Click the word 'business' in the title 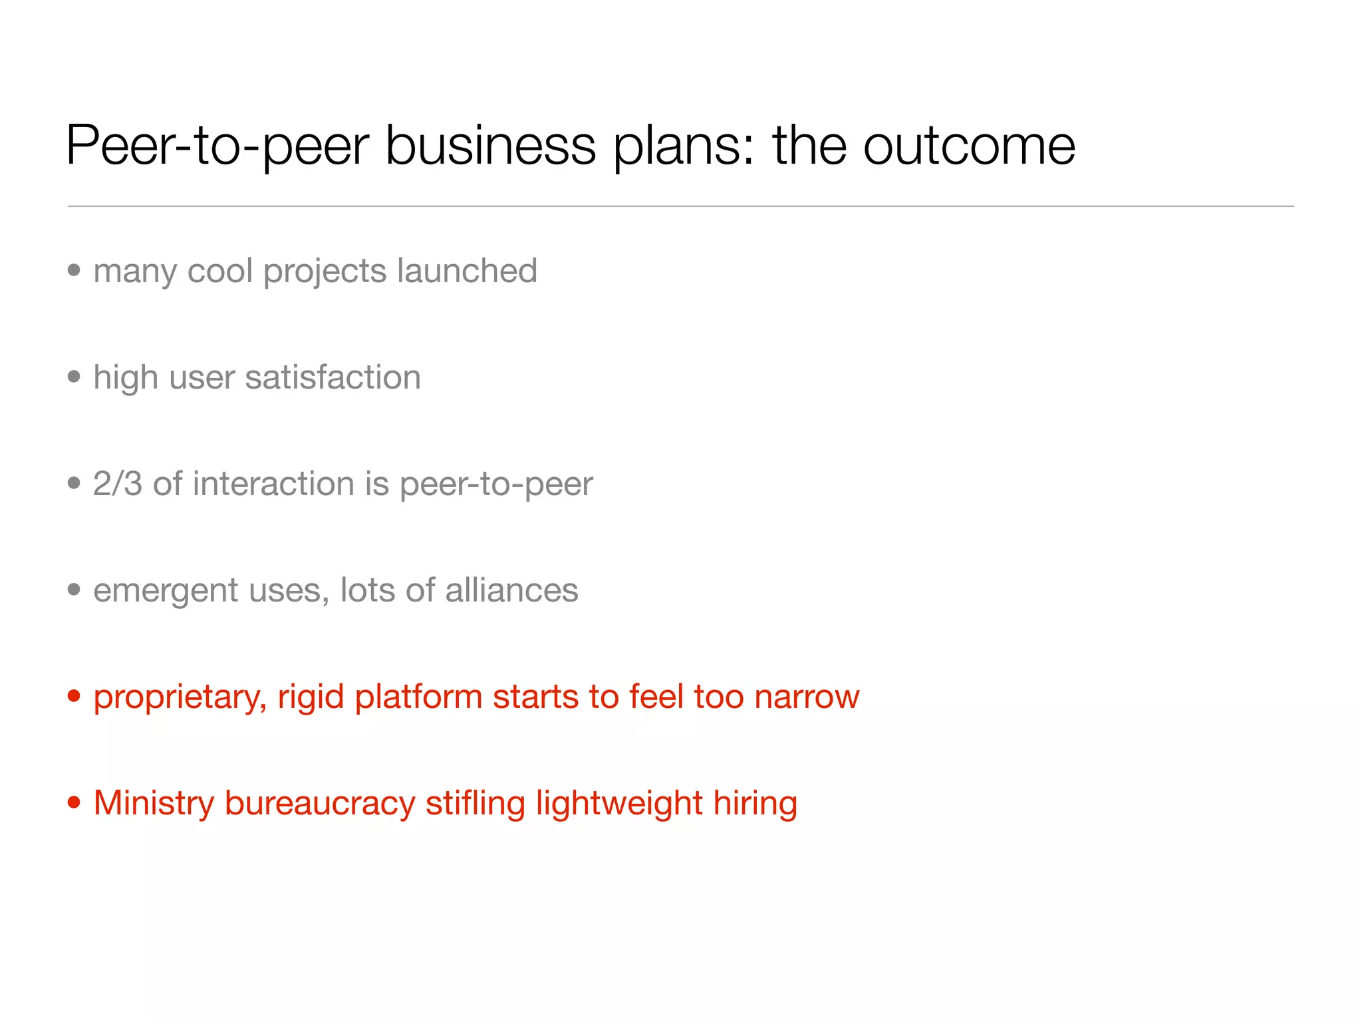point(490,146)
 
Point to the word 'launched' point(467,271)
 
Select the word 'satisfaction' point(333,377)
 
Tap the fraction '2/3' point(118,484)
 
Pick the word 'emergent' point(166,591)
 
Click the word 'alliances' point(511,590)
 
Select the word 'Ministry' point(154,803)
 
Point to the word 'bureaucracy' point(320,804)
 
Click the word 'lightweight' point(619,804)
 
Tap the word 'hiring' point(755,804)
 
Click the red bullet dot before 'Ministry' point(74,802)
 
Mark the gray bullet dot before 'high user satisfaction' point(74,377)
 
